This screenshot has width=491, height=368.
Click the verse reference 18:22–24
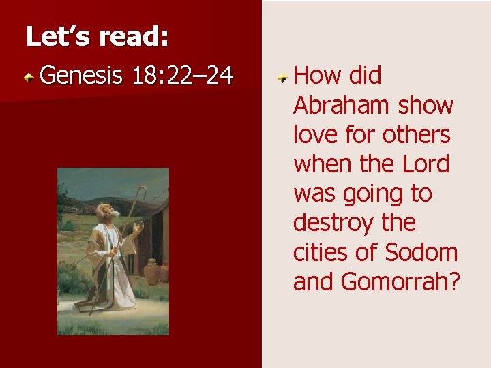pos(181,76)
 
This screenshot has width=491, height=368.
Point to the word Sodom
pos(421,252)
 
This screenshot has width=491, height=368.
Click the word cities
pos(320,252)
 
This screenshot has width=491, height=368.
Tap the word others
pos(416,135)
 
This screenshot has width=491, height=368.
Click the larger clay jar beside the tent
pos(152,271)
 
